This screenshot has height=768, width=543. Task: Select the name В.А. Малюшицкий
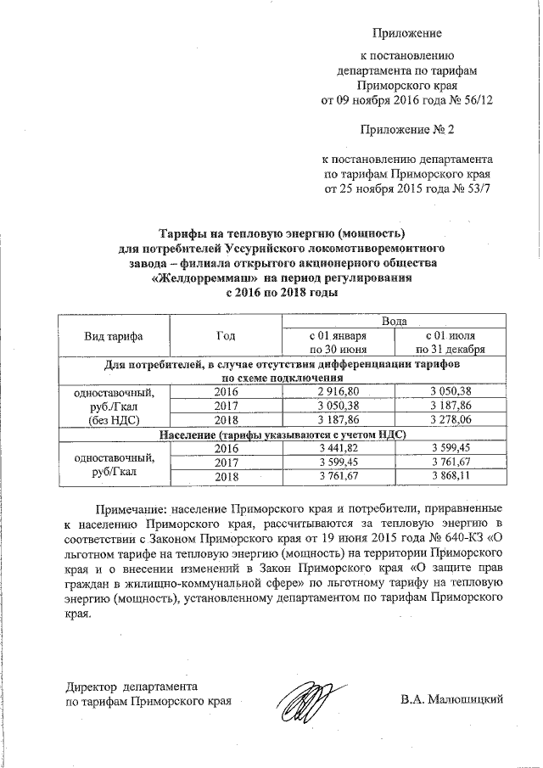click(x=452, y=699)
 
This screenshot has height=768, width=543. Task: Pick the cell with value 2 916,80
click(x=339, y=392)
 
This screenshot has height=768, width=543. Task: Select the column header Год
click(x=227, y=336)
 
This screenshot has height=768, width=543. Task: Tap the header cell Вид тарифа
click(x=113, y=336)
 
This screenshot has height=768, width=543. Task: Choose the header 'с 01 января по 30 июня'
click(x=339, y=342)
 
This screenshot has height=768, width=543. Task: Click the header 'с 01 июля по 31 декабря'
click(x=450, y=342)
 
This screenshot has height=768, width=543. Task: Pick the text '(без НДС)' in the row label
click(x=113, y=419)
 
